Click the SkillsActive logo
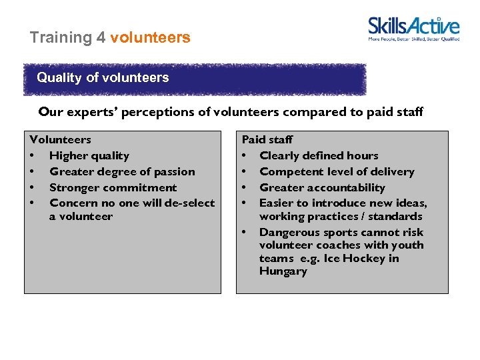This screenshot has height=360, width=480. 413,26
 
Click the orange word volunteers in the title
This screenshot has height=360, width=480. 150,37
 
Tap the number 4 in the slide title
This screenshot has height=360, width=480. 101,37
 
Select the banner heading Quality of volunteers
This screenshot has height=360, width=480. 103,77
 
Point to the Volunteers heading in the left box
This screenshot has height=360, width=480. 61,140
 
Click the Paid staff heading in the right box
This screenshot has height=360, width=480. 267,140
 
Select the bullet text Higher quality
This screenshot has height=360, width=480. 89,156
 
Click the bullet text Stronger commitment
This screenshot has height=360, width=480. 113,188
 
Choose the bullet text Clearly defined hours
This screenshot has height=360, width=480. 319,156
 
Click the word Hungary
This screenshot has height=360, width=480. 283,271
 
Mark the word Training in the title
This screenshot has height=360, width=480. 61,37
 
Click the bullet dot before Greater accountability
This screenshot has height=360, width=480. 245,188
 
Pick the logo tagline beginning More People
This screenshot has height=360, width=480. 413,39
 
